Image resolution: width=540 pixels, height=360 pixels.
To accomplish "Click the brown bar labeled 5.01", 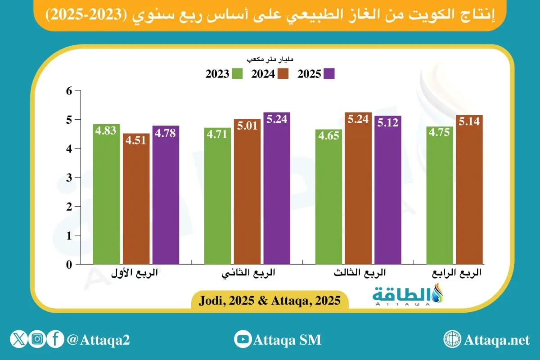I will [x=247, y=191].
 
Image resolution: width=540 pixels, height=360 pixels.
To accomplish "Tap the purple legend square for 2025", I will [x=329, y=74].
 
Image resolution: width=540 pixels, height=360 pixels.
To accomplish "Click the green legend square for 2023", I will [x=238, y=74].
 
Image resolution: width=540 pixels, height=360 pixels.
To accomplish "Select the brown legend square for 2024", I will [x=283, y=74].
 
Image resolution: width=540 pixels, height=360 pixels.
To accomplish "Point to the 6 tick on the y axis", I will [x=69, y=91].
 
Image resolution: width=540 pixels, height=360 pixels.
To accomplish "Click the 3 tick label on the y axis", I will [x=69, y=178].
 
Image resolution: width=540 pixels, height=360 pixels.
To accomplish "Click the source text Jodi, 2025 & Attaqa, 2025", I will [x=269, y=300].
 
